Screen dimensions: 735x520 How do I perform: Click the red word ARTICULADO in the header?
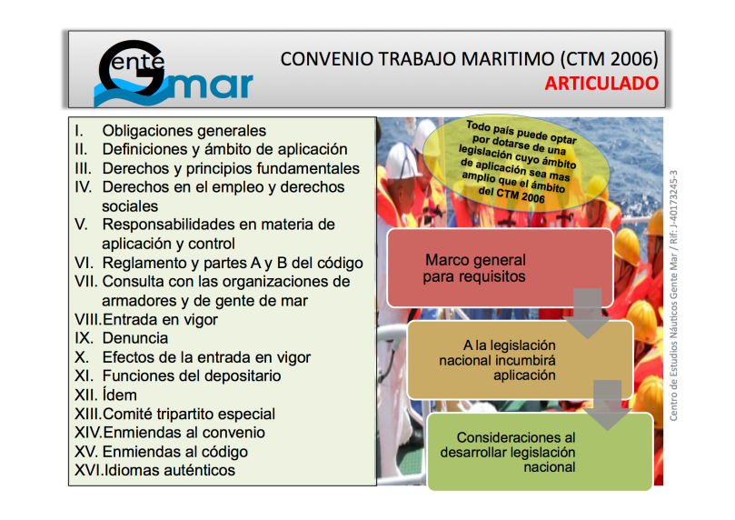coord(601,84)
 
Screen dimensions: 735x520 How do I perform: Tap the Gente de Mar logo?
coord(174,74)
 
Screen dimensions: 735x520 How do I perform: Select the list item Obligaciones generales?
coord(184,130)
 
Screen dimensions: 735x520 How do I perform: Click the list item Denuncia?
coord(135,338)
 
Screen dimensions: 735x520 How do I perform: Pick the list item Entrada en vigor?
coord(160,319)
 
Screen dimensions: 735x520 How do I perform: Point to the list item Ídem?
coord(120,395)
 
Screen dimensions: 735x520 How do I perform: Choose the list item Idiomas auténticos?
coord(169,470)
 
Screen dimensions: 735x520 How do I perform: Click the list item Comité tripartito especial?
coord(189,414)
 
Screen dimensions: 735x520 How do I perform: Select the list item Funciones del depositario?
coord(192,376)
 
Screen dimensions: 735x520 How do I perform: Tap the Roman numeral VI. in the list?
coord(84,263)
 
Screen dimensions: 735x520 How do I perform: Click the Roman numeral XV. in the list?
coord(85,452)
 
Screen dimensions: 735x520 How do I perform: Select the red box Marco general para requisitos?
coord(501,268)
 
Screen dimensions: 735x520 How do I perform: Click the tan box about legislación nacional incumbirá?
coord(521,360)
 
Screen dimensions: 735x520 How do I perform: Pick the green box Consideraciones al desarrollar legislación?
coord(541,452)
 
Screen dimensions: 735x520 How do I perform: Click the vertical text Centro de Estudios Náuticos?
coord(673,295)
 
